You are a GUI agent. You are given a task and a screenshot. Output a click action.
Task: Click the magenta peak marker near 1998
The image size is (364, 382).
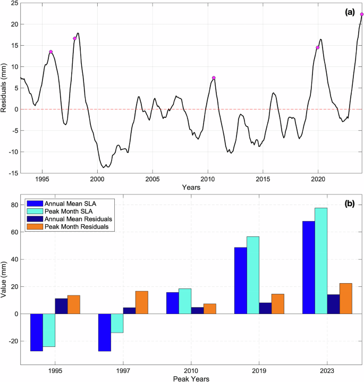75,38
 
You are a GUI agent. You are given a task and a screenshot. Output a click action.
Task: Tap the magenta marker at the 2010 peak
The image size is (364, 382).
214,78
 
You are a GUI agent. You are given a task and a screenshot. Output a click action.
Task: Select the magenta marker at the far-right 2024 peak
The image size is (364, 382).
362,14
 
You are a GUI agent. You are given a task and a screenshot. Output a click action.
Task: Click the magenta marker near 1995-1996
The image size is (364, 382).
51,52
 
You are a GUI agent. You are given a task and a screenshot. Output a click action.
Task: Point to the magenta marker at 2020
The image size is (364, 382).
318,47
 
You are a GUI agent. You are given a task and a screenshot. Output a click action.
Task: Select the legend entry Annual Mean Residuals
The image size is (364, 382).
82,218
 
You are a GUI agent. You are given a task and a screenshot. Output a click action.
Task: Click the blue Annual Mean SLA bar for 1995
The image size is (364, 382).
36,333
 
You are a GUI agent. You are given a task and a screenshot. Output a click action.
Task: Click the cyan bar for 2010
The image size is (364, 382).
184,301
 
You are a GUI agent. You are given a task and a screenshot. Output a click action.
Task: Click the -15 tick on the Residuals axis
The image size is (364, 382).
11,173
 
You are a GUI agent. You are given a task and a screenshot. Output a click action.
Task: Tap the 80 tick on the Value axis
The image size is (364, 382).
12,205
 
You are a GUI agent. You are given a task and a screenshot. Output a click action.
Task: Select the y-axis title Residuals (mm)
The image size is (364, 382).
4,88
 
